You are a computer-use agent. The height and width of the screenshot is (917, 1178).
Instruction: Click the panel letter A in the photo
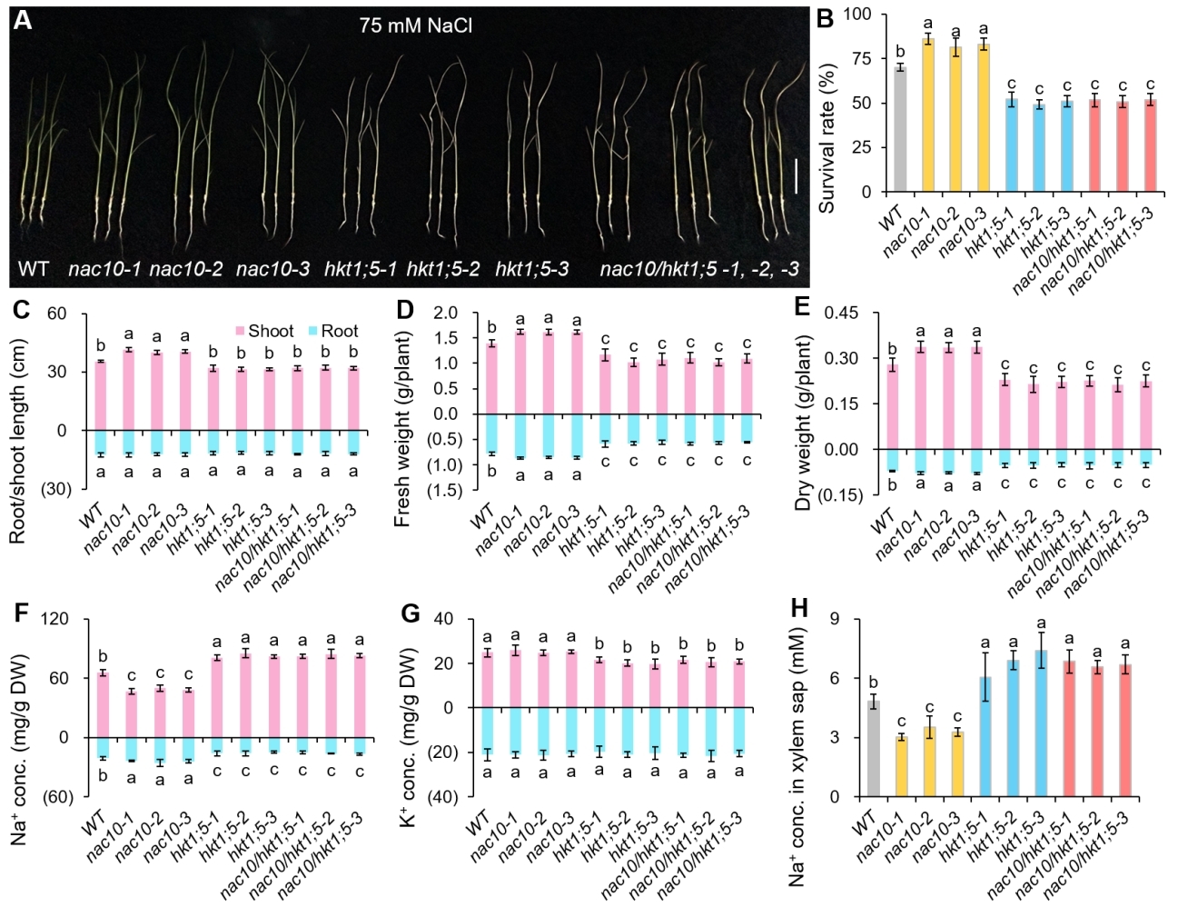click(x=22, y=20)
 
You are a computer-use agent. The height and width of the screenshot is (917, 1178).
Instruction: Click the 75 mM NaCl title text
click(x=415, y=25)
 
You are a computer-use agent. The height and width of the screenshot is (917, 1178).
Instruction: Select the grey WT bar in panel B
click(x=899, y=129)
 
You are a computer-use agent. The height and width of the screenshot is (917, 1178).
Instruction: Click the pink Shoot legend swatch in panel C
click(x=241, y=332)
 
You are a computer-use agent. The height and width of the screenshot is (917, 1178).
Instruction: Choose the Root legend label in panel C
click(x=340, y=332)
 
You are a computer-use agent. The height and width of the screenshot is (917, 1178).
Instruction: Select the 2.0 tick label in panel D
click(x=445, y=314)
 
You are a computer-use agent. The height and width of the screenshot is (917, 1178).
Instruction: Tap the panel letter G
click(x=411, y=614)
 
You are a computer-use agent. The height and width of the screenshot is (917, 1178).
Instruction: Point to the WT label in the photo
click(x=34, y=269)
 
